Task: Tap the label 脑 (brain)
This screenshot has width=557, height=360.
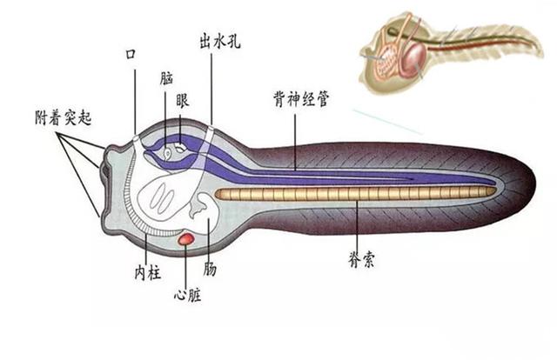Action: [166, 77]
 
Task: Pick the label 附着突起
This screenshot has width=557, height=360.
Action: [62, 117]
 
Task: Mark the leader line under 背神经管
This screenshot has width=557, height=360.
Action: [295, 139]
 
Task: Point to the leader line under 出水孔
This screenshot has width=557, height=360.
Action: [211, 87]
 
